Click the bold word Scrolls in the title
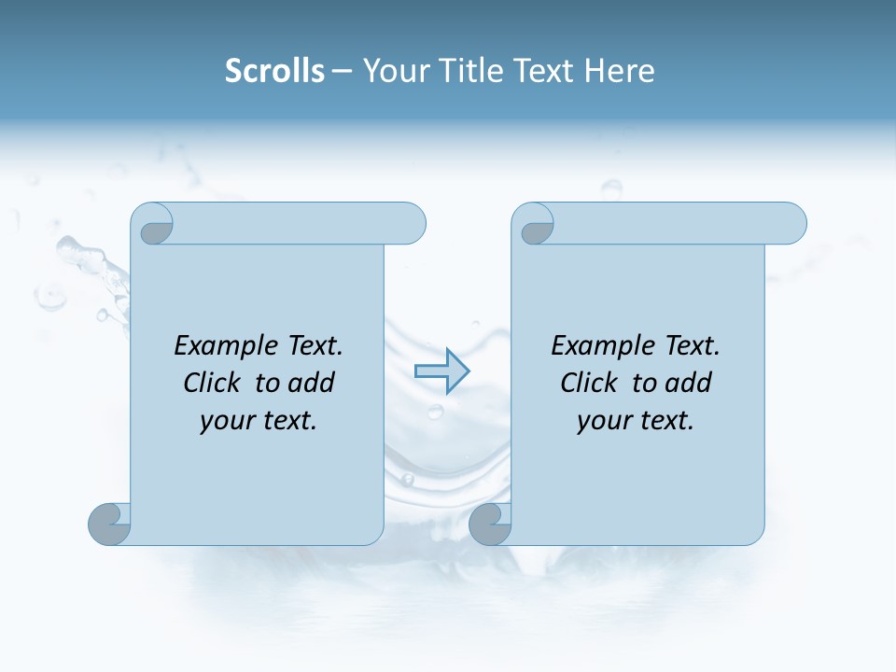274,71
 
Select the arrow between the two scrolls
441,371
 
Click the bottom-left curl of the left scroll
109,524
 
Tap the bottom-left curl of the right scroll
490,524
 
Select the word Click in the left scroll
211,383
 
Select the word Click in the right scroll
588,383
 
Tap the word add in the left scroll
313,383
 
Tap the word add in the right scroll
690,383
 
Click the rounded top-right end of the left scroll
411,224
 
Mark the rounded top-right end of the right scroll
791,224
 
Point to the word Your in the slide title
390,71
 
